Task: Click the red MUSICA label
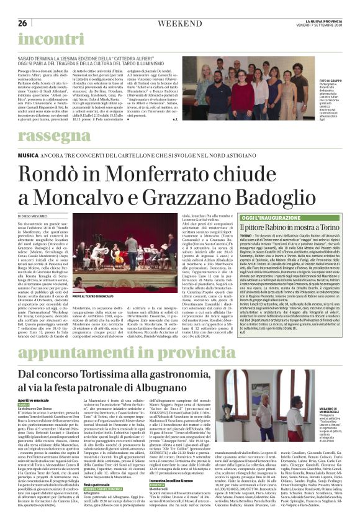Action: (29, 153)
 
